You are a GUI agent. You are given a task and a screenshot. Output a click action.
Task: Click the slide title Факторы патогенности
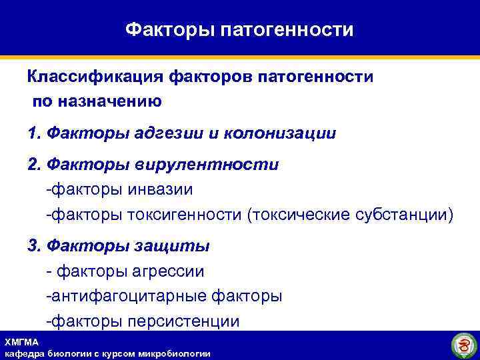tap(239, 29)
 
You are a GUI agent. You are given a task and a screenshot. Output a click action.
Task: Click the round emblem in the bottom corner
tap(462, 345)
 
